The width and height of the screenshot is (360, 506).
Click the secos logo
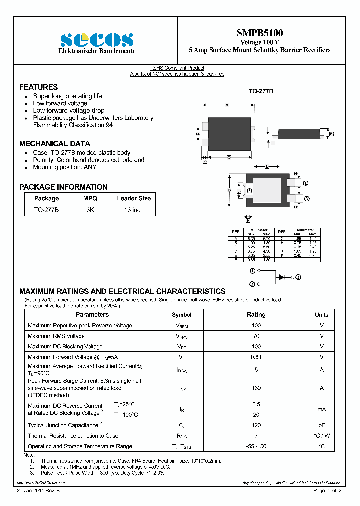coord(97,40)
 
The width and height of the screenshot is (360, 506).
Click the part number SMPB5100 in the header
coord(259,33)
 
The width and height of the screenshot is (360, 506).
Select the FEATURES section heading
coord(38,87)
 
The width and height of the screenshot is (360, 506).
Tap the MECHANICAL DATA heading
coord(55,143)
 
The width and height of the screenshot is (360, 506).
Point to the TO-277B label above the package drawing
coord(261,92)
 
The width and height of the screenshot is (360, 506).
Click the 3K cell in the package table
coord(90,210)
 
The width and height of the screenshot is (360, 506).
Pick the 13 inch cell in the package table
coord(134,210)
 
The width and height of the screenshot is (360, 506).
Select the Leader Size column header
coord(134,198)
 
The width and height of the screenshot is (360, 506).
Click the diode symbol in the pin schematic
coord(281,276)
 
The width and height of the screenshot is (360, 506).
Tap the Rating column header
coord(256,315)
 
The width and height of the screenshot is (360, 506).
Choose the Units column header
coord(321,315)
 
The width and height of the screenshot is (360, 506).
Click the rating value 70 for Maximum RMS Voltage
coord(256,336)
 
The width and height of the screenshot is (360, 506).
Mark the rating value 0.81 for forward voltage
coord(256,357)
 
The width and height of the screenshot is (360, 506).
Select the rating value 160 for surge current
coord(256,388)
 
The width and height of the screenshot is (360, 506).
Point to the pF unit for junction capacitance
coord(321,425)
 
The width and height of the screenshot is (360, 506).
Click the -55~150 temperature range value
coord(256,446)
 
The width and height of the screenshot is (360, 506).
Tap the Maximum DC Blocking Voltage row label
coord(65,346)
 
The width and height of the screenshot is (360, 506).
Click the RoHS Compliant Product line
coord(177,68)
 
